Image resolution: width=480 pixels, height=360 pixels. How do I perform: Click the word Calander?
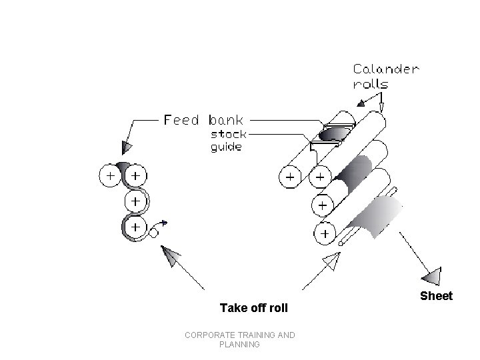[386, 69]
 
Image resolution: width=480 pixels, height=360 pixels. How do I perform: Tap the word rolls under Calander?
[370, 85]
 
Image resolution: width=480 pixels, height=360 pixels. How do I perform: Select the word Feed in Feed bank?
[181, 120]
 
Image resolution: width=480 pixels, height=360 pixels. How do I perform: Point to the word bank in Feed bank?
[226, 120]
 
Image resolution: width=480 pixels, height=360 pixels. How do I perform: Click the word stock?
[228, 133]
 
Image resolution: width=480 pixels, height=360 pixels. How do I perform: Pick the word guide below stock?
[226, 147]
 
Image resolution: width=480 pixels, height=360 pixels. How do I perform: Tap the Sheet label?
[436, 296]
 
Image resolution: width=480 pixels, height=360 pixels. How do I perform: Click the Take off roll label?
[254, 308]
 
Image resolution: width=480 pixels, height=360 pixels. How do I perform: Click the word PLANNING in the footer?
[239, 345]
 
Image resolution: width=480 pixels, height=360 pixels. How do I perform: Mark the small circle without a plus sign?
[153, 233]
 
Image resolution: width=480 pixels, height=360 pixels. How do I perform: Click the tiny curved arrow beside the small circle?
[162, 223]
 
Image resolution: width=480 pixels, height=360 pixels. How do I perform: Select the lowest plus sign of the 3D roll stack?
[324, 234]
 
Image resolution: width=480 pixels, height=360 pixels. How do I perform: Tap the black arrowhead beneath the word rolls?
[363, 103]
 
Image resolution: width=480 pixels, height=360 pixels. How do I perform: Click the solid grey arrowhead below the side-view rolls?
[171, 257]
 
